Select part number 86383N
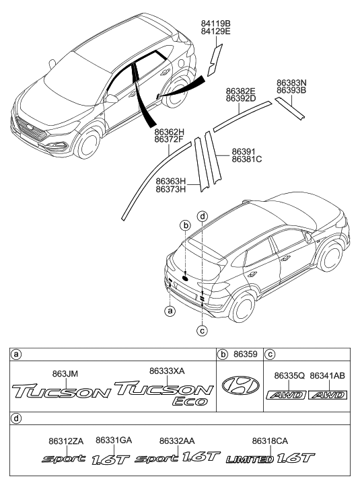(291, 83)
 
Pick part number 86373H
(171, 189)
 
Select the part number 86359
(245, 354)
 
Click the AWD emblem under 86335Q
(285, 395)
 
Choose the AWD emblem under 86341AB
(327, 395)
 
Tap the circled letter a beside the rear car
(170, 311)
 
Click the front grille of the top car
(34, 128)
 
